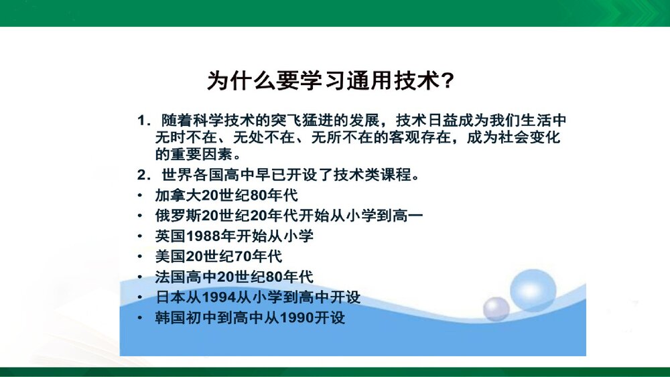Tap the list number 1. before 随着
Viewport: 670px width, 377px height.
tap(143, 121)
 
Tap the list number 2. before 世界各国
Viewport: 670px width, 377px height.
tap(143, 176)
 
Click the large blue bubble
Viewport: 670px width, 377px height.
tap(533, 289)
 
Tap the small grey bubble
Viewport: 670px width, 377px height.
tap(496, 309)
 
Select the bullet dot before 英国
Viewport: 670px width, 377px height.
tap(139, 236)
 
